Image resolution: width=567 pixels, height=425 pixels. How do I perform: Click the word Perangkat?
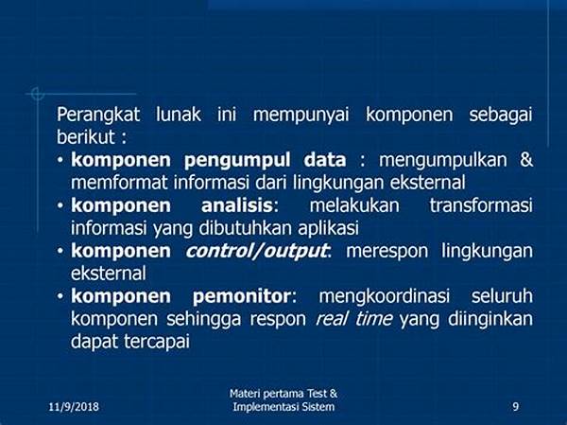point(98,115)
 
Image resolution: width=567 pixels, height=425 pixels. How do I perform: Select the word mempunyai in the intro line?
point(301,115)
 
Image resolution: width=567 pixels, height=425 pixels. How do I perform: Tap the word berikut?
point(86,137)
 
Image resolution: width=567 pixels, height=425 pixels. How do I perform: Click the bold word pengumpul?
point(237,161)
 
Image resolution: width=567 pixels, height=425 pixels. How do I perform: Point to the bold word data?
point(325,160)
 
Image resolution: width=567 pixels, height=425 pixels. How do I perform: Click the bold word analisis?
point(236,205)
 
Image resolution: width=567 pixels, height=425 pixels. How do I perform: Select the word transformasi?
point(481,205)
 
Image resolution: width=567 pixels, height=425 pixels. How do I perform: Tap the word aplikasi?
point(328,229)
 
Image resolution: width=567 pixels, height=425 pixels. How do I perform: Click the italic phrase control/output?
point(257,251)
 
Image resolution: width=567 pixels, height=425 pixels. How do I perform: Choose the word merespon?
point(387,252)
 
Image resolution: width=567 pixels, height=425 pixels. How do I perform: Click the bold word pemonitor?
point(242,296)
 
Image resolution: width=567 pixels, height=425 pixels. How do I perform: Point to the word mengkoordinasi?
point(385,296)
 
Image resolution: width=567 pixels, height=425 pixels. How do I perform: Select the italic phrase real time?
point(354,319)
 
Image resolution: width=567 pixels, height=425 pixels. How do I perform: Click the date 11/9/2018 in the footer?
point(74,406)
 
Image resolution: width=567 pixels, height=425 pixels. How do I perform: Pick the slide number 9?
point(516,406)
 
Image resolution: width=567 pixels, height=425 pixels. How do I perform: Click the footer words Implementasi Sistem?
point(283,406)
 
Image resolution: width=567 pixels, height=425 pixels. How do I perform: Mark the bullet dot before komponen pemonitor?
point(60,296)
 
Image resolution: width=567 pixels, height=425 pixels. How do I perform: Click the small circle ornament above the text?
point(37,94)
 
